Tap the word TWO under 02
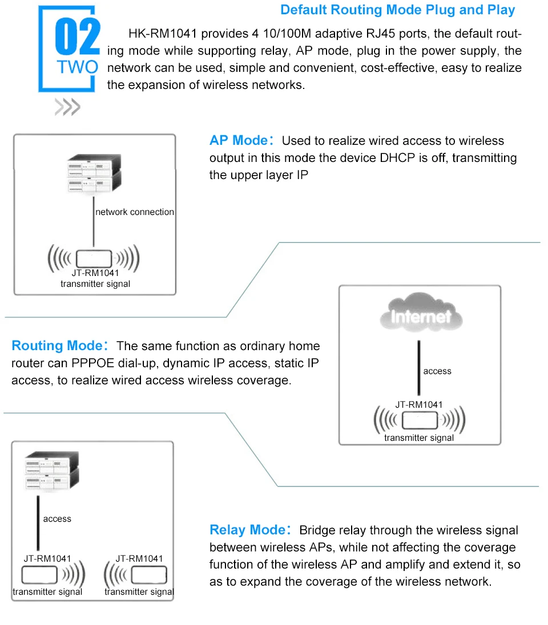click(77, 67)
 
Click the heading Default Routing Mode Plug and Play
click(397, 10)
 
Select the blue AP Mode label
click(238, 141)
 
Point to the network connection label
click(135, 212)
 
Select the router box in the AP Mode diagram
click(94, 257)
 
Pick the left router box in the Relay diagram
click(39, 575)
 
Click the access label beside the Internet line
click(437, 371)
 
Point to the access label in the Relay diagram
click(57, 519)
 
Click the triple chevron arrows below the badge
click(67, 107)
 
